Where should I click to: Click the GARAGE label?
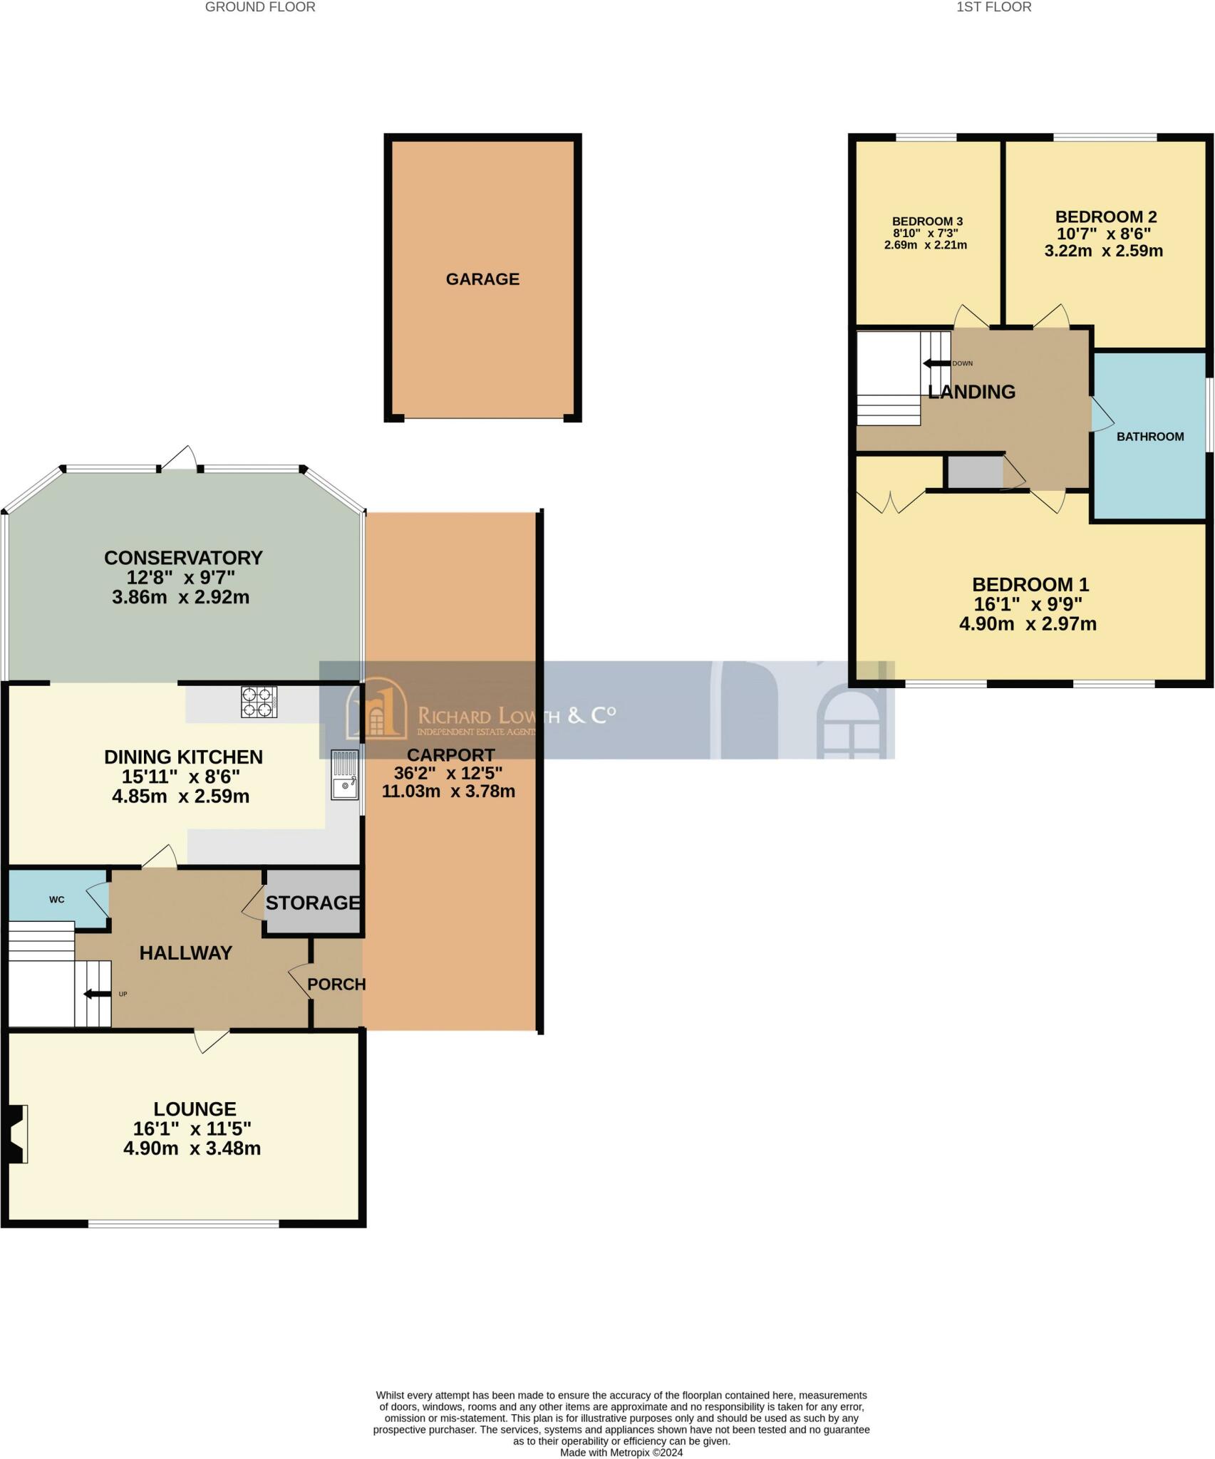tap(482, 279)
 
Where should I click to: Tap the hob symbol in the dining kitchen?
tap(259, 701)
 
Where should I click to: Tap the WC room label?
tap(57, 900)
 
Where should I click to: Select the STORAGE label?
tap(313, 903)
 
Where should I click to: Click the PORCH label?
tap(336, 984)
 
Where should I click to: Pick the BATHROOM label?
tap(1149, 437)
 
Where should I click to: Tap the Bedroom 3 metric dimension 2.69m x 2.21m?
tap(925, 245)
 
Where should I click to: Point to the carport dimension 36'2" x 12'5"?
tap(448, 773)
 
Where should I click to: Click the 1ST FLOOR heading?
tap(993, 7)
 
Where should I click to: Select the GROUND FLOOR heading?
tap(260, 7)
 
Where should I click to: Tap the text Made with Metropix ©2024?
tap(621, 1453)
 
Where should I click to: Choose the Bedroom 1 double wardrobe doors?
tap(889, 500)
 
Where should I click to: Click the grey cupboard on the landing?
tap(974, 472)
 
